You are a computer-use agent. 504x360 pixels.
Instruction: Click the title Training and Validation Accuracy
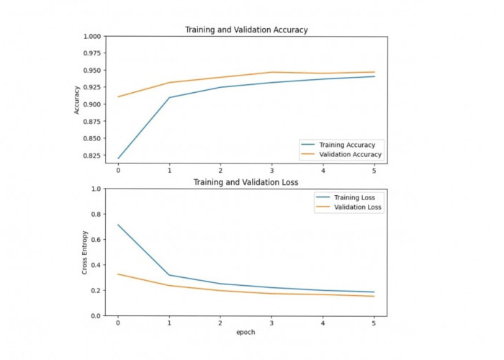pyautogui.click(x=246, y=30)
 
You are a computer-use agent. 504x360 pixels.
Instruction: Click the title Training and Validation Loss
pyautogui.click(x=246, y=183)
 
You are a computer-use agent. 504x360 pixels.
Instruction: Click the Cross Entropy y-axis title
pyautogui.click(x=85, y=252)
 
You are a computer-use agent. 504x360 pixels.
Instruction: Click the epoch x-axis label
pyautogui.click(x=246, y=333)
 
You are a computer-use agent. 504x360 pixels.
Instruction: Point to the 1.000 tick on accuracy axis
pyautogui.click(x=91, y=36)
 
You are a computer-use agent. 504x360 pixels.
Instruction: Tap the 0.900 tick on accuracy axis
pyautogui.click(x=91, y=104)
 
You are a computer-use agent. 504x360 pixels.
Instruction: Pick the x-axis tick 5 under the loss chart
pyautogui.click(x=374, y=323)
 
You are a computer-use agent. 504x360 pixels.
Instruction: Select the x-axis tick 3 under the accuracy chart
pyautogui.click(x=271, y=171)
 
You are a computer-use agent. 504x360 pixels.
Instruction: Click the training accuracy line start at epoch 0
pyautogui.click(x=118, y=158)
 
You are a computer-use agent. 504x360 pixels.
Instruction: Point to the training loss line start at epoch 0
pyautogui.click(x=118, y=225)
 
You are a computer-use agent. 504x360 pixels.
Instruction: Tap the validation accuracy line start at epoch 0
pyautogui.click(x=118, y=96)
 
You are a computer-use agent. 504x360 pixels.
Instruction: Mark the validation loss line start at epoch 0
pyautogui.click(x=118, y=274)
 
